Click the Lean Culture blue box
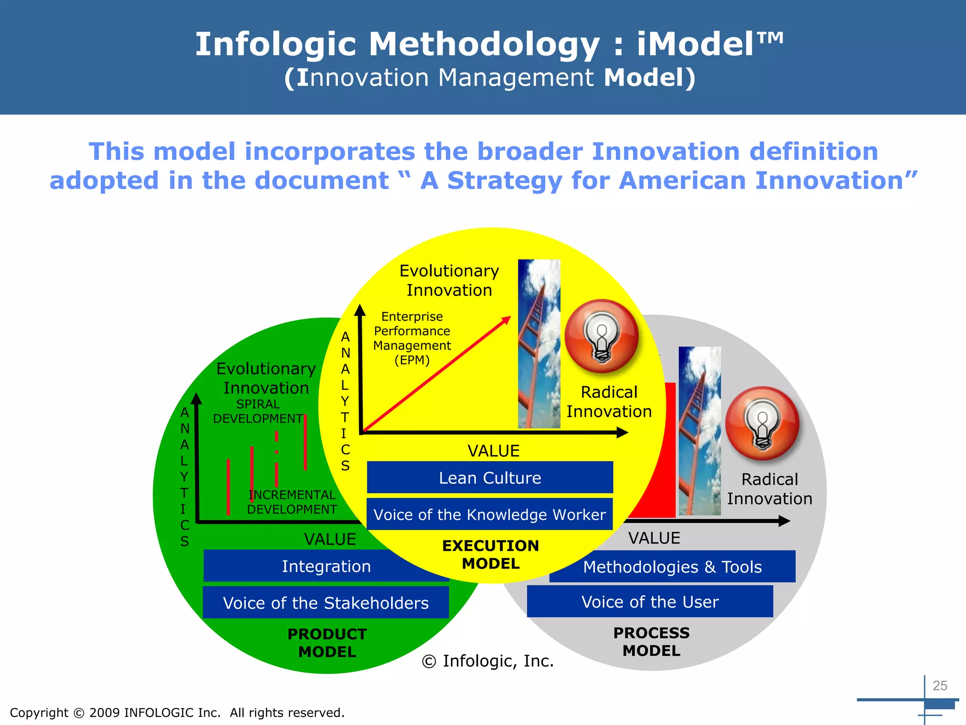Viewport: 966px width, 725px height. coord(490,478)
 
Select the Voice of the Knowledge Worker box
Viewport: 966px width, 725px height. coord(490,514)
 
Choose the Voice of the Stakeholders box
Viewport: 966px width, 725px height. coord(325,603)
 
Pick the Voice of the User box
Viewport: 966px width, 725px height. coord(650,602)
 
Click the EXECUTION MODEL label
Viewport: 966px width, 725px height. coord(491,555)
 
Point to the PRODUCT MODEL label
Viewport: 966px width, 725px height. coord(327,643)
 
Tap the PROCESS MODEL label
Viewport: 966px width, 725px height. coord(651,641)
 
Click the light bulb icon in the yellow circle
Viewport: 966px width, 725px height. coord(601,337)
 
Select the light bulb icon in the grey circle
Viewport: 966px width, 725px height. coord(762,423)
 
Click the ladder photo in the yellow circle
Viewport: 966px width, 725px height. coord(539,344)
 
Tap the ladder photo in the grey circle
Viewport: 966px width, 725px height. coord(700,431)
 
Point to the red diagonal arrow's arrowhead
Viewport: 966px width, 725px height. coord(507,320)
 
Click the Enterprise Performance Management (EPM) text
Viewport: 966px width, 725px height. coord(412,338)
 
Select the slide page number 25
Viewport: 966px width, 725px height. coord(940,685)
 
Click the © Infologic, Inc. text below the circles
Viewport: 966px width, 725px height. coord(488,661)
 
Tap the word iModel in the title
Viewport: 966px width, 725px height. coord(710,44)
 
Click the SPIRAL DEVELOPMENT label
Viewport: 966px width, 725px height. coord(258,411)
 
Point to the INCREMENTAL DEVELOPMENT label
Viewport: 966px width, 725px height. coord(292,502)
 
